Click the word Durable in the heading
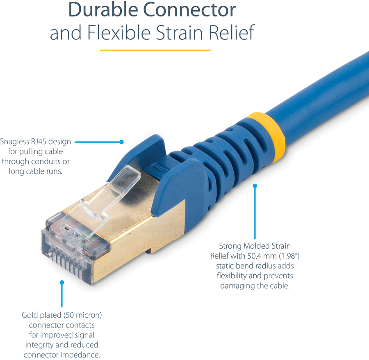click(103, 10)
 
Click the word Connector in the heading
click(189, 10)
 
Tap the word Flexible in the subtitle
click(119, 32)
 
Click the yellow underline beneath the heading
click(155, 50)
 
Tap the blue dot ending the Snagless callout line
click(121, 142)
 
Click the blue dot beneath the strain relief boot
click(255, 186)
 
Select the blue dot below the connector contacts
click(62, 282)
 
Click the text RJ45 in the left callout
click(39, 141)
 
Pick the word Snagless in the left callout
click(15, 141)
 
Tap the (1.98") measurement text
click(289, 256)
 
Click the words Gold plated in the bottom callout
click(41, 315)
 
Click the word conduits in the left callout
click(46, 161)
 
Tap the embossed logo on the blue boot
click(160, 168)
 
